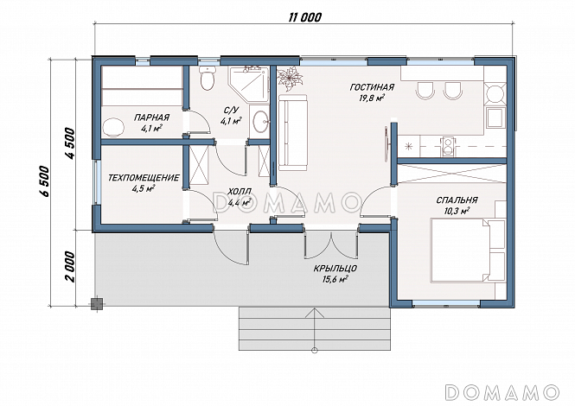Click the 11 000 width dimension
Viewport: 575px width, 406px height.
tap(304, 17)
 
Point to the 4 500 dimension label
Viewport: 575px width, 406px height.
tap(70, 143)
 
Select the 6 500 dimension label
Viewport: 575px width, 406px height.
tap(45, 181)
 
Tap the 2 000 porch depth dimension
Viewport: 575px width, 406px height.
tap(70, 266)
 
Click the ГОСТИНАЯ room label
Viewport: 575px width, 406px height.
tap(372, 87)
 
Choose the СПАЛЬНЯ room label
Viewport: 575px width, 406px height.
tap(457, 200)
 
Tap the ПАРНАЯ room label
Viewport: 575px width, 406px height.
tap(151, 117)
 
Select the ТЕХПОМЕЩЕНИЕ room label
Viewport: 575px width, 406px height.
tap(144, 178)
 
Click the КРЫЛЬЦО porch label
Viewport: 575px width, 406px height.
tap(335, 269)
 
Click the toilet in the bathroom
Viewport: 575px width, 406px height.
tap(208, 78)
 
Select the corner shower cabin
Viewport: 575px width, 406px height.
tap(249, 84)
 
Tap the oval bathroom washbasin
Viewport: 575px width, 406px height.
tap(261, 121)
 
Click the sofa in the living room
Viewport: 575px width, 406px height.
tap(292, 132)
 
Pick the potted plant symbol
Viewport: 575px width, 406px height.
tap(290, 79)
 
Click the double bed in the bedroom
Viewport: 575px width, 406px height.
tap(468, 251)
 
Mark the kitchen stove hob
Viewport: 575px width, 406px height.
tap(448, 146)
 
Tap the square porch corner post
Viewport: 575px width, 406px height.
tap(97, 304)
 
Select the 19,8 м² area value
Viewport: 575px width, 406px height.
tap(372, 98)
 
